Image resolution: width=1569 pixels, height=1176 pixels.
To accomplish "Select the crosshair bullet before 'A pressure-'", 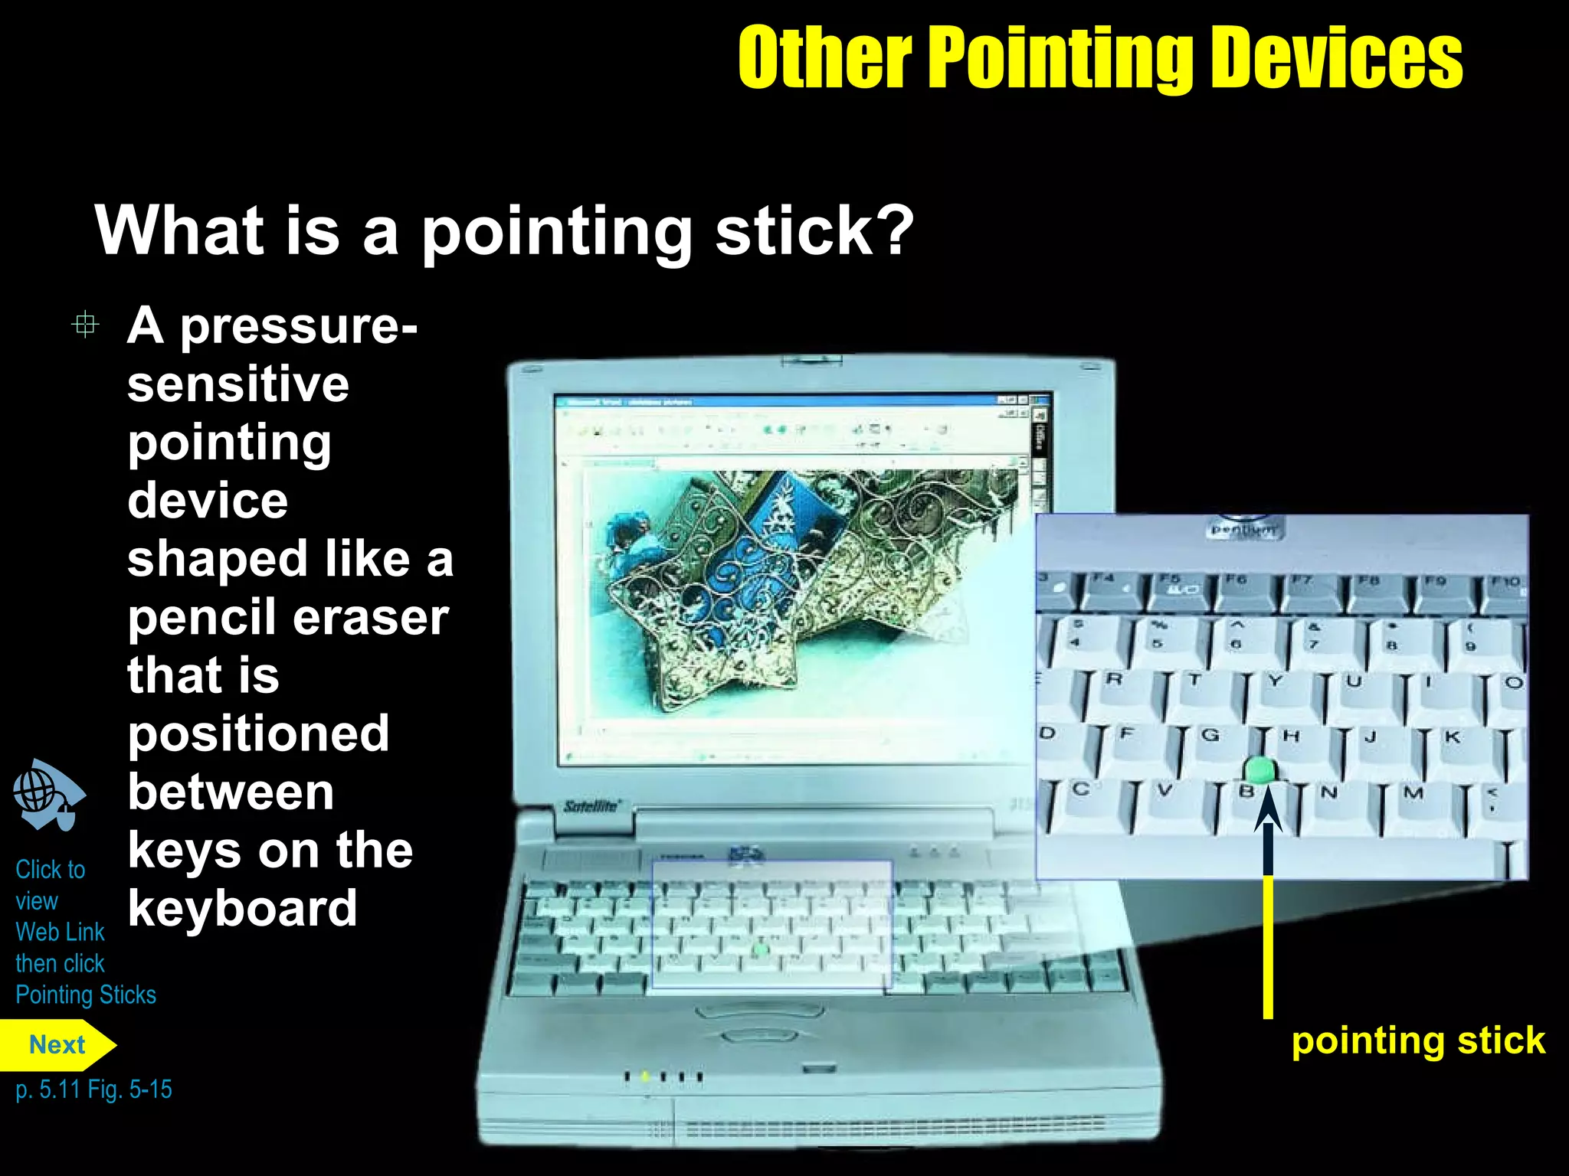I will point(85,325).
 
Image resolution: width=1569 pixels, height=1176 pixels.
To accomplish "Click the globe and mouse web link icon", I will point(47,795).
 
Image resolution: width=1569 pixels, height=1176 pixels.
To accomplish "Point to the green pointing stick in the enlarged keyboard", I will point(1258,769).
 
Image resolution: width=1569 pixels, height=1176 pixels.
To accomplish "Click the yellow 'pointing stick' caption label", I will point(1418,1041).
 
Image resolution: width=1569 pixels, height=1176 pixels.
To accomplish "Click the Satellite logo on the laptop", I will point(591,806).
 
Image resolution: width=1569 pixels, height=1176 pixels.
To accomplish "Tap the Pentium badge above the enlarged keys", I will point(1243,529).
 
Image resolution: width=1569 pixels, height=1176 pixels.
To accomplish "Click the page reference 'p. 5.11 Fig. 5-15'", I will point(93,1089).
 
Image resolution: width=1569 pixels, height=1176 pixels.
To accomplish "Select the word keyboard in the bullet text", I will point(242,909).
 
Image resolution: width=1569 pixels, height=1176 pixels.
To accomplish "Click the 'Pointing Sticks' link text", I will point(86,995).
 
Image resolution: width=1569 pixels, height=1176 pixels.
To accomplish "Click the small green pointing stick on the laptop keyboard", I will point(760,950).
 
